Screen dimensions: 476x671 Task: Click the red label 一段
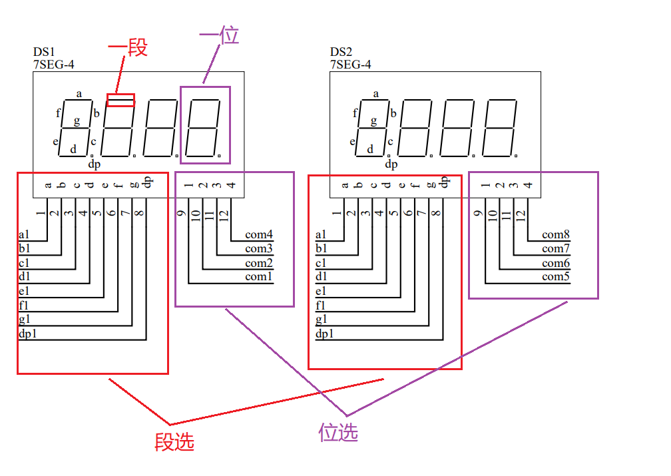[127, 48]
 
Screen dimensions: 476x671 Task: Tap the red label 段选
[174, 442]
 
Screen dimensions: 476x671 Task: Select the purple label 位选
[338, 433]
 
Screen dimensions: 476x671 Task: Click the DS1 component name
[44, 52]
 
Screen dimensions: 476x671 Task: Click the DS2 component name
[341, 52]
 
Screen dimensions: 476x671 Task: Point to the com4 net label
[259, 234]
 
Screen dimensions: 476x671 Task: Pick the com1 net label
[259, 276]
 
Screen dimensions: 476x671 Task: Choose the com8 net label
[556, 234]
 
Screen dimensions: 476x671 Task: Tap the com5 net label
[556, 276]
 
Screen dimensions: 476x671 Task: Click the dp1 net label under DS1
[27, 334]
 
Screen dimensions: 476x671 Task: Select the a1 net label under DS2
[321, 234]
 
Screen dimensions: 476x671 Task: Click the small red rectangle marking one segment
[121, 101]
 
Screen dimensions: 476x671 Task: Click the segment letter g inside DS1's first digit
[77, 120]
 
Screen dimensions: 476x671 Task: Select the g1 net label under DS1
[25, 319]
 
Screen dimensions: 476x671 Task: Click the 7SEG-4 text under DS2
[350, 65]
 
